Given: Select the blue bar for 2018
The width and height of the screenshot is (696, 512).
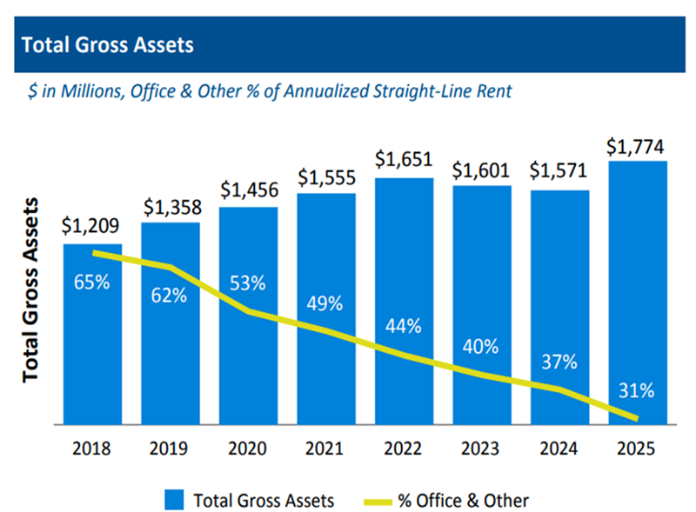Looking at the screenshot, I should pyautogui.click(x=92, y=348).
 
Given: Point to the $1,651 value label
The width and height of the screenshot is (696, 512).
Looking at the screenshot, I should pyautogui.click(x=404, y=160).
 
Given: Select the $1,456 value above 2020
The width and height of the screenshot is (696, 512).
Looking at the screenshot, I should pyautogui.click(x=248, y=190).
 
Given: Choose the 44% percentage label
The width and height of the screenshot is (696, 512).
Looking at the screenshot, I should pyautogui.click(x=404, y=327).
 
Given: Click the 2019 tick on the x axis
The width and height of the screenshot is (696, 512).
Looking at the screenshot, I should pyautogui.click(x=170, y=449).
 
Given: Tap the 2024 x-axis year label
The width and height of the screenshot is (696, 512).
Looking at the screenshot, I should pyautogui.click(x=560, y=449).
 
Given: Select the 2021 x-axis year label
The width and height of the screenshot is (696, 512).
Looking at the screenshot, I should pyautogui.click(x=326, y=449).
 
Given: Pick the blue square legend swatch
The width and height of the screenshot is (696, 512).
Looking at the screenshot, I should pyautogui.click(x=174, y=500).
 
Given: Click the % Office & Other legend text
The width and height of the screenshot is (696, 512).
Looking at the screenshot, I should pyautogui.click(x=463, y=500).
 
